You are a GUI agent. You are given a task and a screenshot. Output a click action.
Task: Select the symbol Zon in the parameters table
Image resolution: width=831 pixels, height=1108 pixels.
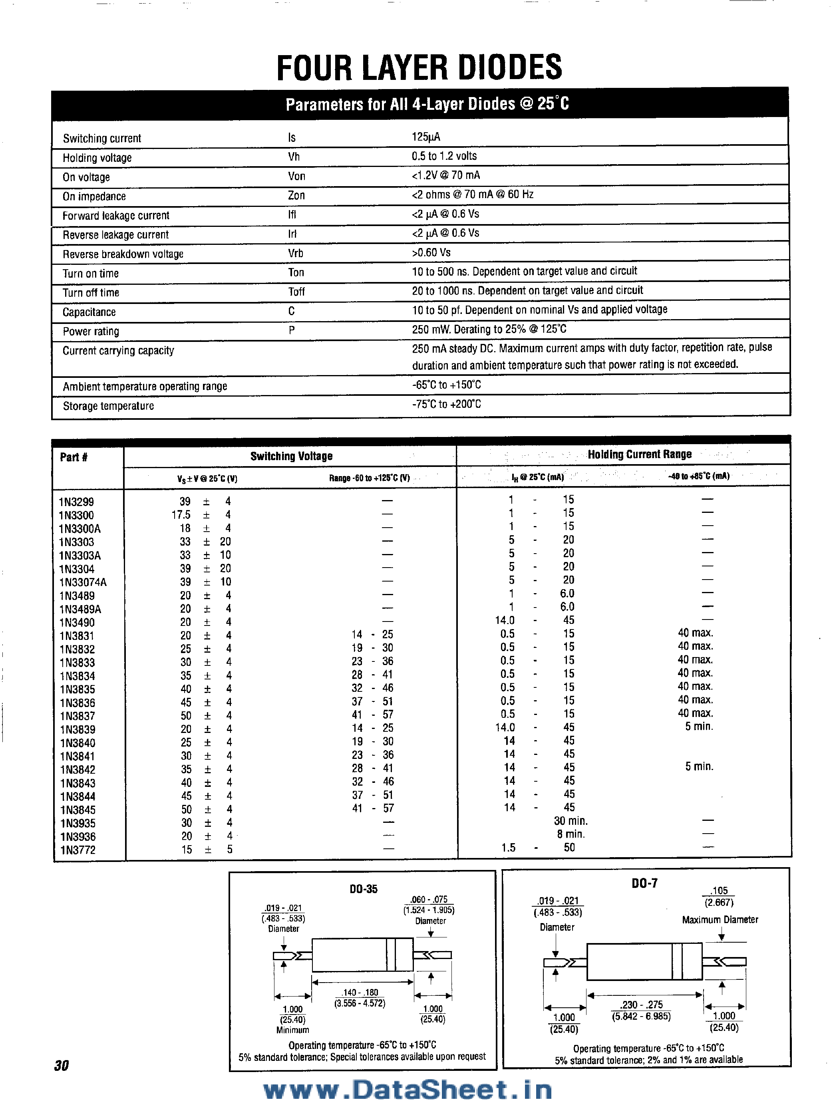coord(296,195)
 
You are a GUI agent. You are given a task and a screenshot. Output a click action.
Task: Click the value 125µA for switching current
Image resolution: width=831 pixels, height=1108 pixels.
coord(426,137)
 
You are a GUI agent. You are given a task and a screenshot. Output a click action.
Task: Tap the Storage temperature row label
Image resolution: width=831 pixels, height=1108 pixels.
coord(108,406)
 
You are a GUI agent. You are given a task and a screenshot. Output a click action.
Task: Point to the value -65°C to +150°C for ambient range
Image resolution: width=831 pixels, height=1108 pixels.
coord(446,385)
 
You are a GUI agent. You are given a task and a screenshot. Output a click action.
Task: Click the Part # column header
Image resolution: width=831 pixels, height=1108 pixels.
coord(74,457)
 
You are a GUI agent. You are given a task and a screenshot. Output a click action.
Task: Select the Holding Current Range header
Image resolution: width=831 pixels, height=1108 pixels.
coord(639,454)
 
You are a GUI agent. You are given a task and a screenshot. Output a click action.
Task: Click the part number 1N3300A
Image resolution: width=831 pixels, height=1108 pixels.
coord(80,528)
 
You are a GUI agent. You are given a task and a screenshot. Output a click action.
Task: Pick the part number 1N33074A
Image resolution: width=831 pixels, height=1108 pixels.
coord(83,582)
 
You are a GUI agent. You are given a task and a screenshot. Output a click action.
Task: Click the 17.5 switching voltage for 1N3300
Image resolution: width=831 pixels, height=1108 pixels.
coord(181,515)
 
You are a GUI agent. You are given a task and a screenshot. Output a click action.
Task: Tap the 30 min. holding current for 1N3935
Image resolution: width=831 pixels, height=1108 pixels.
coord(571,820)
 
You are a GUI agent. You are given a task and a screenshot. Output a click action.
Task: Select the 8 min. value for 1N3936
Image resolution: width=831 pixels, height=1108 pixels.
coord(571,834)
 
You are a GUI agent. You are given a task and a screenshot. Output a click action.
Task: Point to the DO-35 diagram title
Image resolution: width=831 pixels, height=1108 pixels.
coord(363,889)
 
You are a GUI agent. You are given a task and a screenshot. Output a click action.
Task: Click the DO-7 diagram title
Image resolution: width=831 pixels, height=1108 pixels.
coord(644,883)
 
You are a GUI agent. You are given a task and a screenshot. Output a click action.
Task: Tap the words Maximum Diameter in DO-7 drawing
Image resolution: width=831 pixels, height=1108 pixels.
coord(720,919)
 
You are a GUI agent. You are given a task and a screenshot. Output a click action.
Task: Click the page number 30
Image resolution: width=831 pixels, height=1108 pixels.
coord(61,1065)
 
